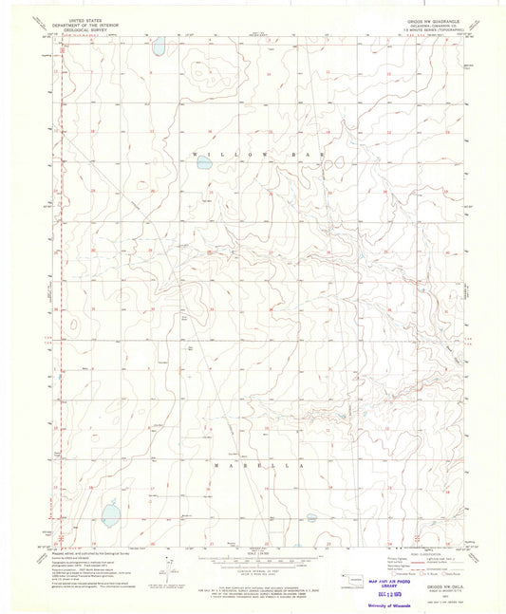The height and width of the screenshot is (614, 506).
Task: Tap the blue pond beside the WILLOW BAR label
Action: [x=204, y=163]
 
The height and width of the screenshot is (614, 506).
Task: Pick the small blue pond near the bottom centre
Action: [x=311, y=518]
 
